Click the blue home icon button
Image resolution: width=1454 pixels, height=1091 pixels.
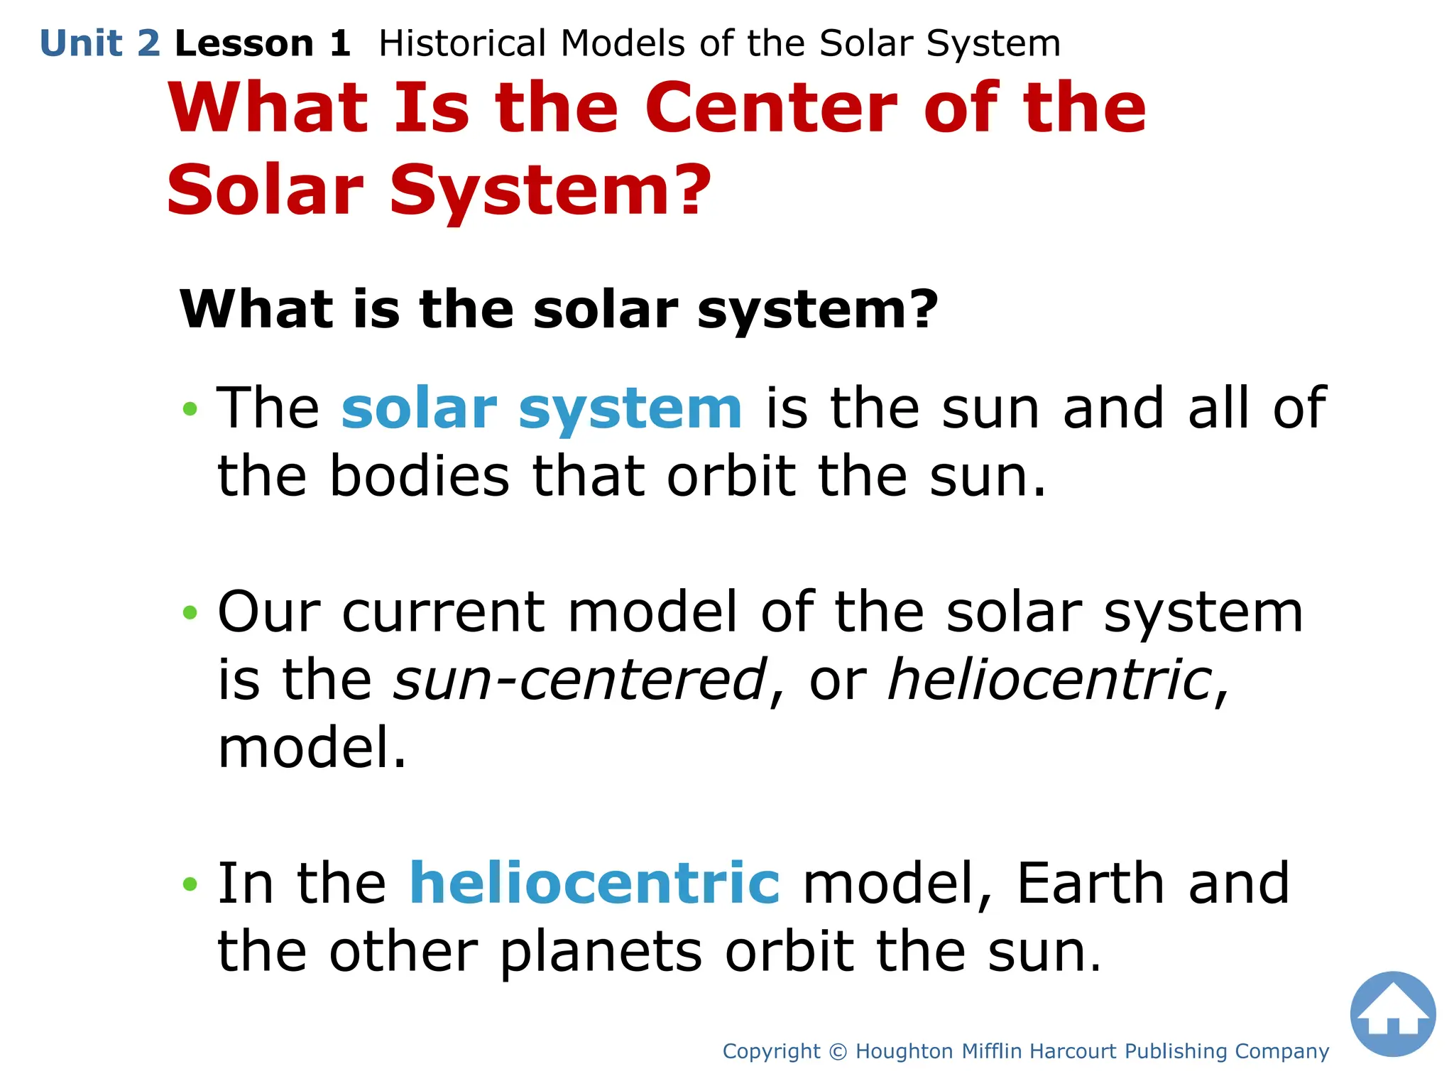[x=1392, y=1014]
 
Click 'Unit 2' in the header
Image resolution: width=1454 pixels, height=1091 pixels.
[x=100, y=44]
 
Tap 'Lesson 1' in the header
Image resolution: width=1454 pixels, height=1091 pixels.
[x=262, y=44]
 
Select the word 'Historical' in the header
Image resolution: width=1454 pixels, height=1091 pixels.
[x=462, y=44]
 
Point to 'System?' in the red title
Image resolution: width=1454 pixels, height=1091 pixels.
[x=550, y=190]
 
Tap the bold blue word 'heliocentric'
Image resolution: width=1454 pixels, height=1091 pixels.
[x=594, y=883]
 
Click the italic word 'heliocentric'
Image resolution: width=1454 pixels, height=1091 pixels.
[x=1050, y=680]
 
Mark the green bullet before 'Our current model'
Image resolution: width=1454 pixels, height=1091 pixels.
[x=189, y=612]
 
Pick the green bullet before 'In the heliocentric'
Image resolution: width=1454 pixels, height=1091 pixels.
[x=189, y=884]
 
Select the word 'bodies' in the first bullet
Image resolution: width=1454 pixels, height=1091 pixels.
[x=419, y=477]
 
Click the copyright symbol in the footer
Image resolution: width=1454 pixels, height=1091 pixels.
[x=838, y=1051]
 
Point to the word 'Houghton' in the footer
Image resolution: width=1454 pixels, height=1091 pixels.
[x=904, y=1051]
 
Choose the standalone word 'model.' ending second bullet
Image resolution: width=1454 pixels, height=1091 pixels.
[x=312, y=748]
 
